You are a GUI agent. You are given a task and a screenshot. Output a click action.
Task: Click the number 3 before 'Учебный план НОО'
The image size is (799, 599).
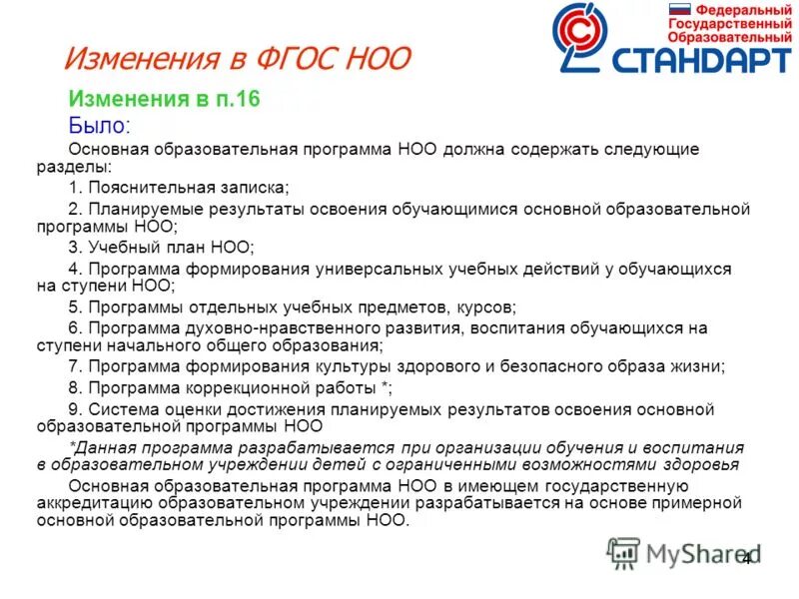tap(73, 247)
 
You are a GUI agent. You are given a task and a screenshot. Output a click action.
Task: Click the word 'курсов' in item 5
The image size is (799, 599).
tap(488, 306)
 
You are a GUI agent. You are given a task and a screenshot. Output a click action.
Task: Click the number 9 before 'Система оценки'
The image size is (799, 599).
tap(73, 408)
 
